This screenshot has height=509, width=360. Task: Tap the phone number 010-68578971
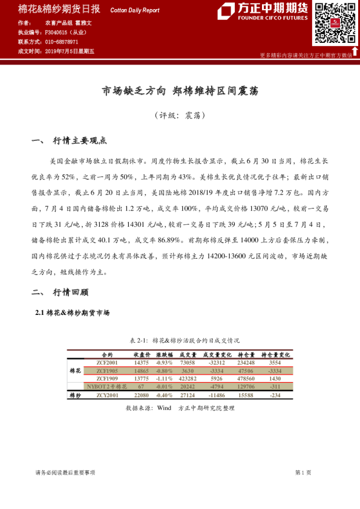coord(62,42)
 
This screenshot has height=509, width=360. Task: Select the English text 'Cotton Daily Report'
coord(135,10)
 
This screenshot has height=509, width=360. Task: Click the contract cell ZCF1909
coord(107,378)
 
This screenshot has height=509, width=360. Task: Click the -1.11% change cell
coord(165,378)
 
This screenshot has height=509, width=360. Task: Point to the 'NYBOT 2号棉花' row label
coord(107,386)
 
